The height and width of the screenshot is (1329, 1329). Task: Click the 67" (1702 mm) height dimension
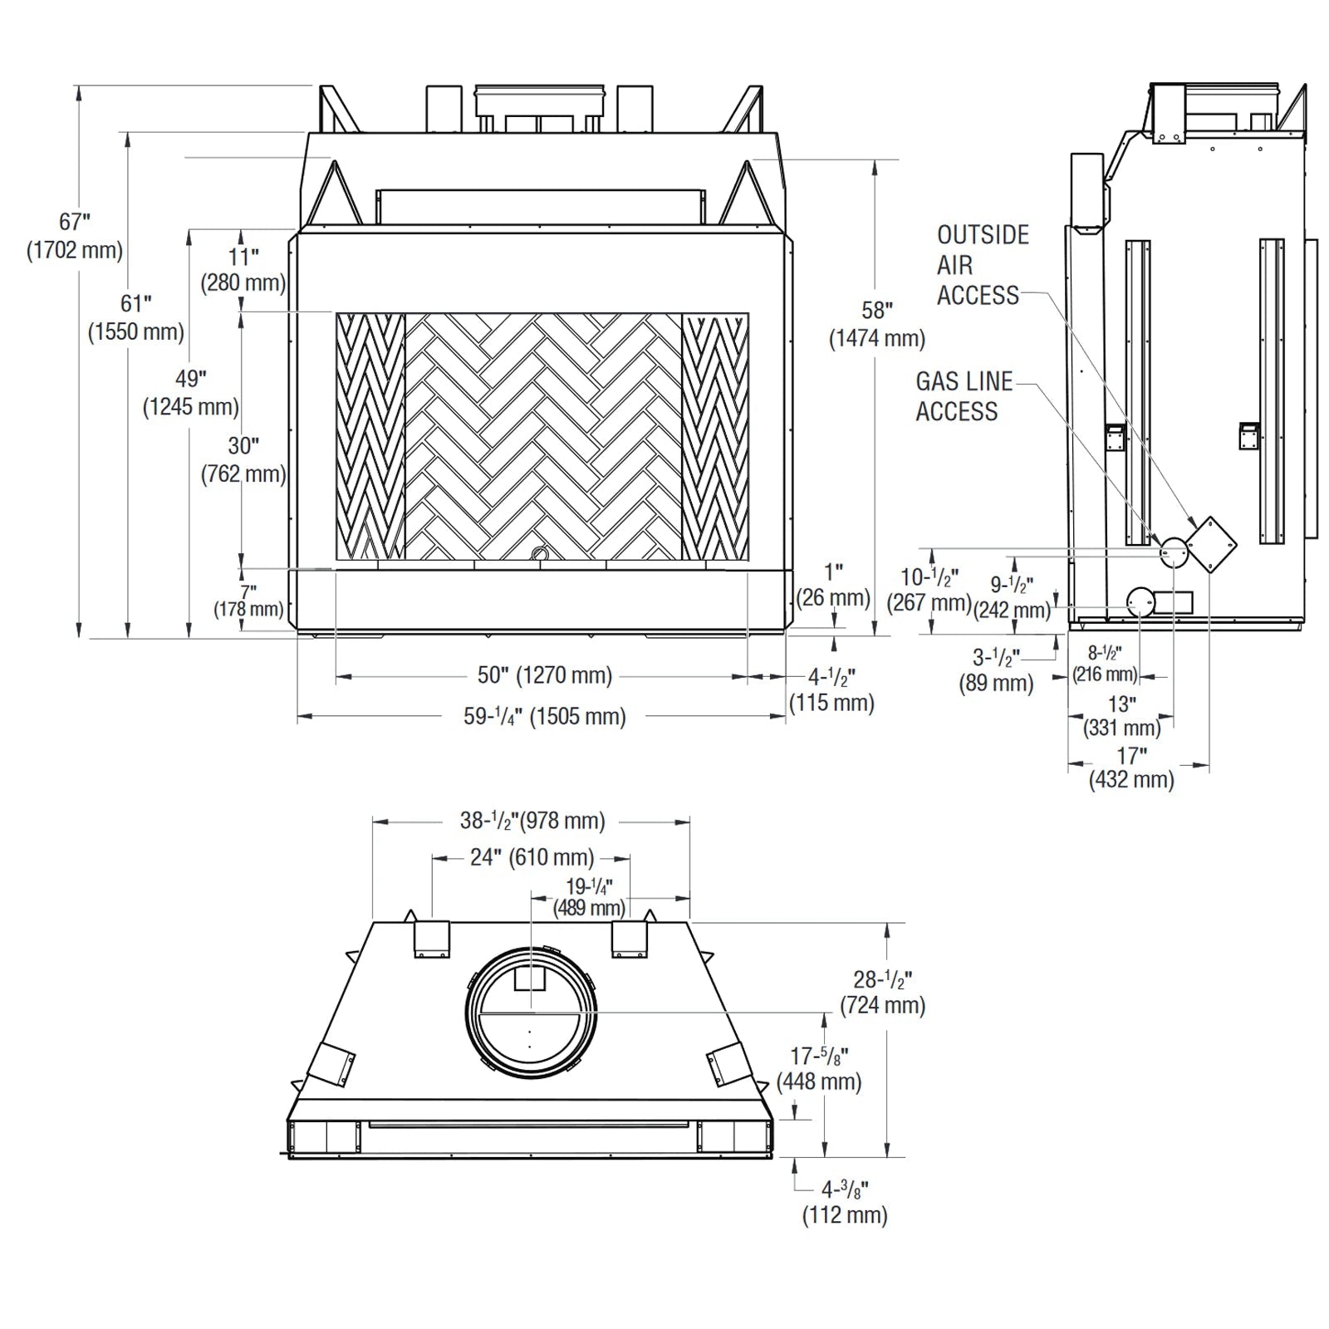(x=75, y=236)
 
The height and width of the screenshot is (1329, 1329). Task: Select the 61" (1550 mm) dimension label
(x=136, y=317)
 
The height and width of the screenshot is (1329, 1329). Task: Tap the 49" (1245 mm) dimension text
(x=191, y=392)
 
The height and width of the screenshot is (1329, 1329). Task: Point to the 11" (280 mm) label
(x=243, y=269)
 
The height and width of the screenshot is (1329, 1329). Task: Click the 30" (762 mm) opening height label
(x=243, y=459)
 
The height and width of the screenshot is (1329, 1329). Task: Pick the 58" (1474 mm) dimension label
(x=877, y=324)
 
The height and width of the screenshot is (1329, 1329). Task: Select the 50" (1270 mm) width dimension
(x=544, y=675)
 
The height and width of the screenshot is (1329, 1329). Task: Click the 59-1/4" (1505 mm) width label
(x=544, y=716)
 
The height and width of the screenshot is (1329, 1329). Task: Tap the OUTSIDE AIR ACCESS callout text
(x=982, y=265)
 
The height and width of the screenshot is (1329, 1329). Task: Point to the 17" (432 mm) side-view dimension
(x=1131, y=767)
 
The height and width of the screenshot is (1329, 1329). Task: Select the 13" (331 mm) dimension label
(x=1121, y=716)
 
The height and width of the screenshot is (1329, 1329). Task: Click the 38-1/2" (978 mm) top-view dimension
(x=532, y=821)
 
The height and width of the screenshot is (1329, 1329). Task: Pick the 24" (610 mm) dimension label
(x=532, y=856)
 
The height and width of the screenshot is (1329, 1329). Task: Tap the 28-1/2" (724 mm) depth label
(x=882, y=992)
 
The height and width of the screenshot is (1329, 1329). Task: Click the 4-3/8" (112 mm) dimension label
(x=845, y=1203)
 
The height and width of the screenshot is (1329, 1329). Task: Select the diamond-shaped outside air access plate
(x=1210, y=544)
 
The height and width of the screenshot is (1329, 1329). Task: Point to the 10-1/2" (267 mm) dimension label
(x=929, y=589)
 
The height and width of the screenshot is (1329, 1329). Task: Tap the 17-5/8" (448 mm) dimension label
(x=819, y=1068)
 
